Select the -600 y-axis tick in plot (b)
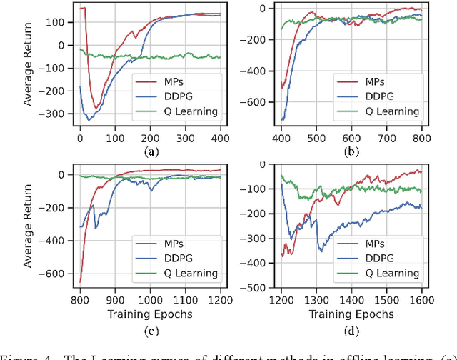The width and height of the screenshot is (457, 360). tap(264, 102)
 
